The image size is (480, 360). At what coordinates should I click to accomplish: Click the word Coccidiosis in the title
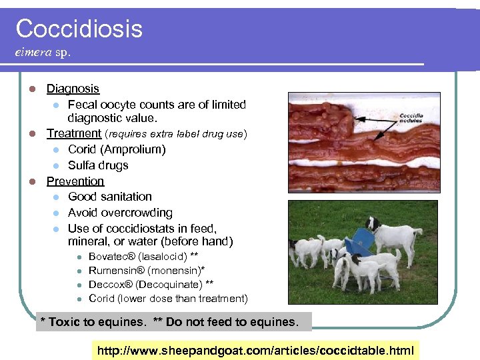point(79,29)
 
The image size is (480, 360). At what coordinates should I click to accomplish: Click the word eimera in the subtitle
point(33,52)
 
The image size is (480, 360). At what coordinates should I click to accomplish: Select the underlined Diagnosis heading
point(73,89)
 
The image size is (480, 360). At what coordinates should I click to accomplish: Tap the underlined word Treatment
point(73,133)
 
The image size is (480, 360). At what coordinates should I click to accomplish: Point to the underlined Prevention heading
point(75,181)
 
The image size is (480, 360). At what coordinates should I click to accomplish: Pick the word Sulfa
point(83,165)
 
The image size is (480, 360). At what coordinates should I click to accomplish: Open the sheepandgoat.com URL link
point(256,350)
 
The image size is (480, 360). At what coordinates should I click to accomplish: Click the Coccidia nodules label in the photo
point(411,118)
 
